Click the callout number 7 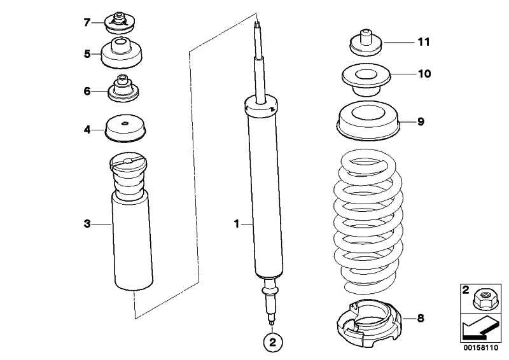point(87,22)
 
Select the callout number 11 point(424,42)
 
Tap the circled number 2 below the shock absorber point(272,342)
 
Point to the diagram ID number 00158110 point(480,348)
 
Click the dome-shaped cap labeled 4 point(125,128)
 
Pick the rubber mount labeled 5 point(121,53)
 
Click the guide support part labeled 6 point(123,88)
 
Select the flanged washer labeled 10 point(366,80)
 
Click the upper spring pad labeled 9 point(368,120)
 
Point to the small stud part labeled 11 point(366,43)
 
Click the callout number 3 point(87,224)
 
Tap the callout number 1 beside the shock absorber point(237,224)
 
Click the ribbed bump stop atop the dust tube point(129,176)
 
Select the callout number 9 point(421,121)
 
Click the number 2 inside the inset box point(466,289)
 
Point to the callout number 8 point(421,318)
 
